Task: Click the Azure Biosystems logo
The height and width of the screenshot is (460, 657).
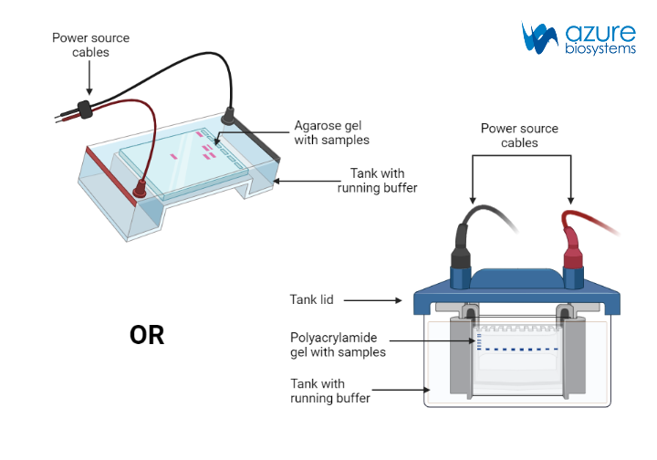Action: point(579,38)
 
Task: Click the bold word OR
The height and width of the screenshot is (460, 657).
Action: point(147,335)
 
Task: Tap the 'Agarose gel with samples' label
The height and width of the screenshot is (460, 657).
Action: point(331,132)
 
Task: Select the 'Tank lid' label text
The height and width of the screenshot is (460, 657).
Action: point(311,299)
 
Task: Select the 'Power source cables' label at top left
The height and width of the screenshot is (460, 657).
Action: point(90,45)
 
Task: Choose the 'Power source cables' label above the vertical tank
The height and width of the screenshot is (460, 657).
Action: point(519,135)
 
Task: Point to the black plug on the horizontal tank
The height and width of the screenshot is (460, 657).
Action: point(229,115)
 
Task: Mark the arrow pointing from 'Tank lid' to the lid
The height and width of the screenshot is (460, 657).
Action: point(374,299)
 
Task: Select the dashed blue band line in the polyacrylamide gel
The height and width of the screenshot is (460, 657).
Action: point(521,349)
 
